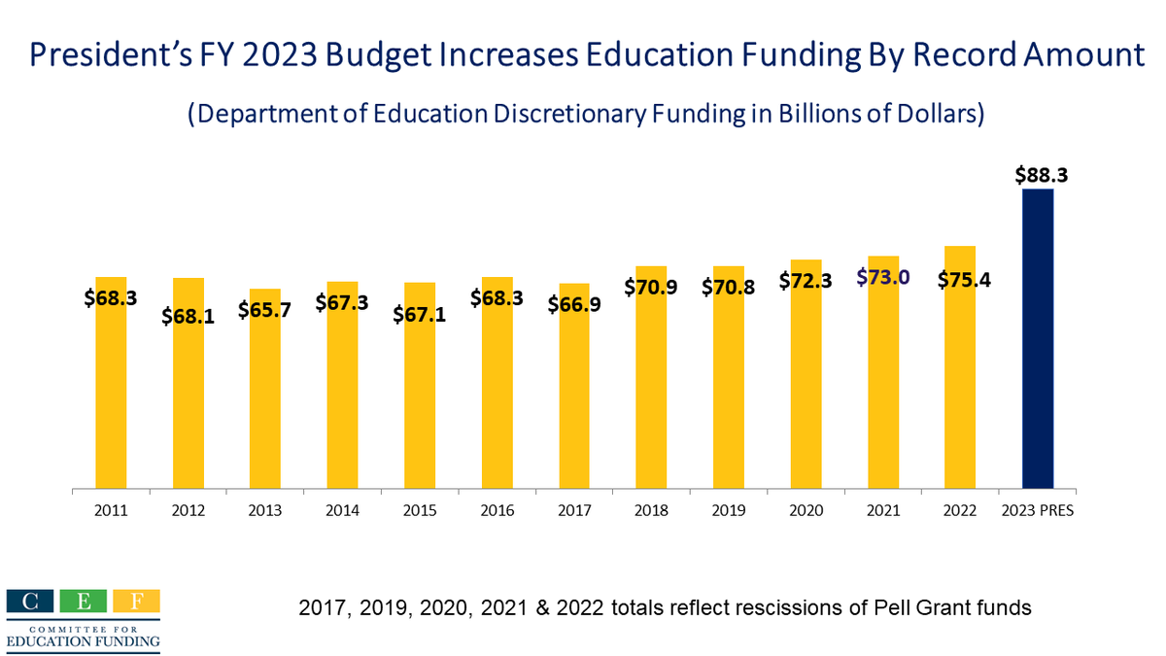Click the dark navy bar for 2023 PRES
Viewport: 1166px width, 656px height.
[x=1038, y=340]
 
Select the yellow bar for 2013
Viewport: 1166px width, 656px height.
[x=265, y=408]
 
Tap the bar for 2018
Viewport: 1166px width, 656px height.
[x=651, y=389]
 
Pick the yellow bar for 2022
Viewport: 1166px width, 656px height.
[x=960, y=389]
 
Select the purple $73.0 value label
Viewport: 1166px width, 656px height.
[x=882, y=278]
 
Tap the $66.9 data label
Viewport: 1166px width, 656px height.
[x=573, y=304]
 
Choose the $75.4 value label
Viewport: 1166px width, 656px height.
[x=964, y=280]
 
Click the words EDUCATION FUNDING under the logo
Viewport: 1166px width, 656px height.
[x=83, y=642]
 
